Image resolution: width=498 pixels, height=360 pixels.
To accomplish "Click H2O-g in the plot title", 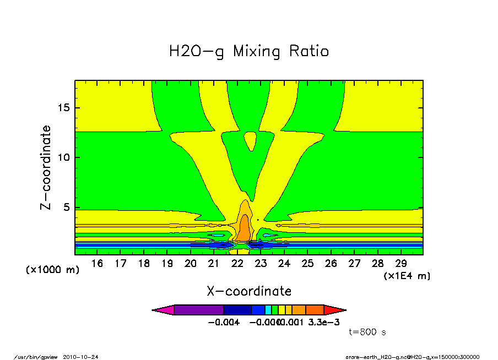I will [x=196, y=52].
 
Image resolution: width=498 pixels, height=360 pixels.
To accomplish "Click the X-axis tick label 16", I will [x=98, y=264].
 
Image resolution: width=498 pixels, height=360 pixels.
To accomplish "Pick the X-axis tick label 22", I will [x=237, y=264].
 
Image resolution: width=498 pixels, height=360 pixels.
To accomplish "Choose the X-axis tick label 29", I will [x=401, y=264].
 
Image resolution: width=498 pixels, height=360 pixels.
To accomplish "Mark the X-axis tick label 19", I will [x=167, y=264].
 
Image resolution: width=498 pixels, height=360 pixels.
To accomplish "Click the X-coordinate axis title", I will [x=249, y=291].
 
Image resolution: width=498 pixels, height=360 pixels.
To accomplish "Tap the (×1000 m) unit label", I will [x=53, y=270].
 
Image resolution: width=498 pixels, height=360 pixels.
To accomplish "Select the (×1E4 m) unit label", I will [x=407, y=275].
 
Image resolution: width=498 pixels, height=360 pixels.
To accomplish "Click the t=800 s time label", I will [x=367, y=332].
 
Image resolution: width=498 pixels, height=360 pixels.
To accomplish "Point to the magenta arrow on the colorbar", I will [x=163, y=310].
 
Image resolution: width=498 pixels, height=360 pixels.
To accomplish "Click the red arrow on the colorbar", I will [x=334, y=310].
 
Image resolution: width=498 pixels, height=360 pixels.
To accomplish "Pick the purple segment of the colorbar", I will [x=198, y=310].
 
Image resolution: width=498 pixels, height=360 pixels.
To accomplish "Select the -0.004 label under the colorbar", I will [x=224, y=322].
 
